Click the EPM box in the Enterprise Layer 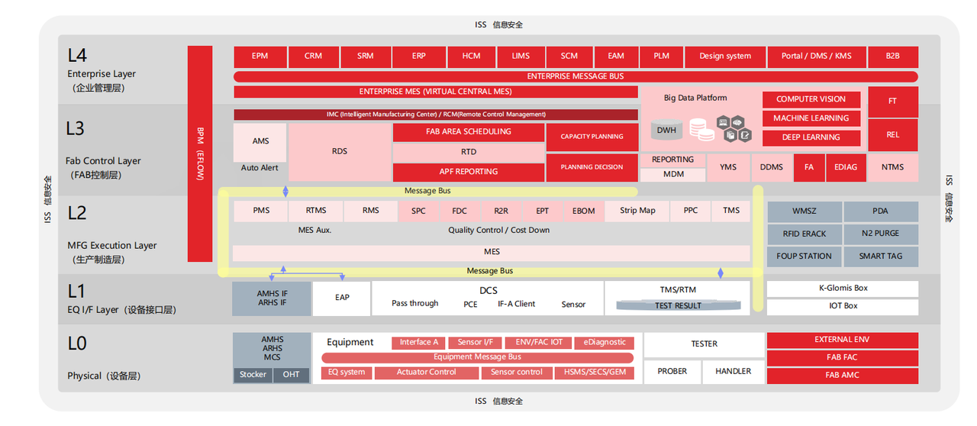click(x=260, y=56)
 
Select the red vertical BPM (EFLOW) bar click(x=200, y=153)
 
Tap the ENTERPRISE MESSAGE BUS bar click(x=576, y=77)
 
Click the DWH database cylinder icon click(x=666, y=129)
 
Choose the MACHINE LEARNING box click(x=811, y=118)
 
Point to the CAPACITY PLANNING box click(x=592, y=137)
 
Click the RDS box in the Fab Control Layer click(x=340, y=151)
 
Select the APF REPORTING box click(x=469, y=172)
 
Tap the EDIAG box click(x=846, y=167)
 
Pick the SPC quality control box click(x=418, y=211)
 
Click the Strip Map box click(x=637, y=211)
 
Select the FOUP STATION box click(x=804, y=257)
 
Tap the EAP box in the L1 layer click(x=342, y=298)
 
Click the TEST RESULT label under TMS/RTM click(x=679, y=305)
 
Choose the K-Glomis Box click(x=843, y=289)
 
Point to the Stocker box click(x=253, y=375)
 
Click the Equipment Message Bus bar click(x=477, y=357)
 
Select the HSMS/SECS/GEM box click(x=595, y=373)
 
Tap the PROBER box click(x=672, y=372)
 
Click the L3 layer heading click(x=75, y=129)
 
